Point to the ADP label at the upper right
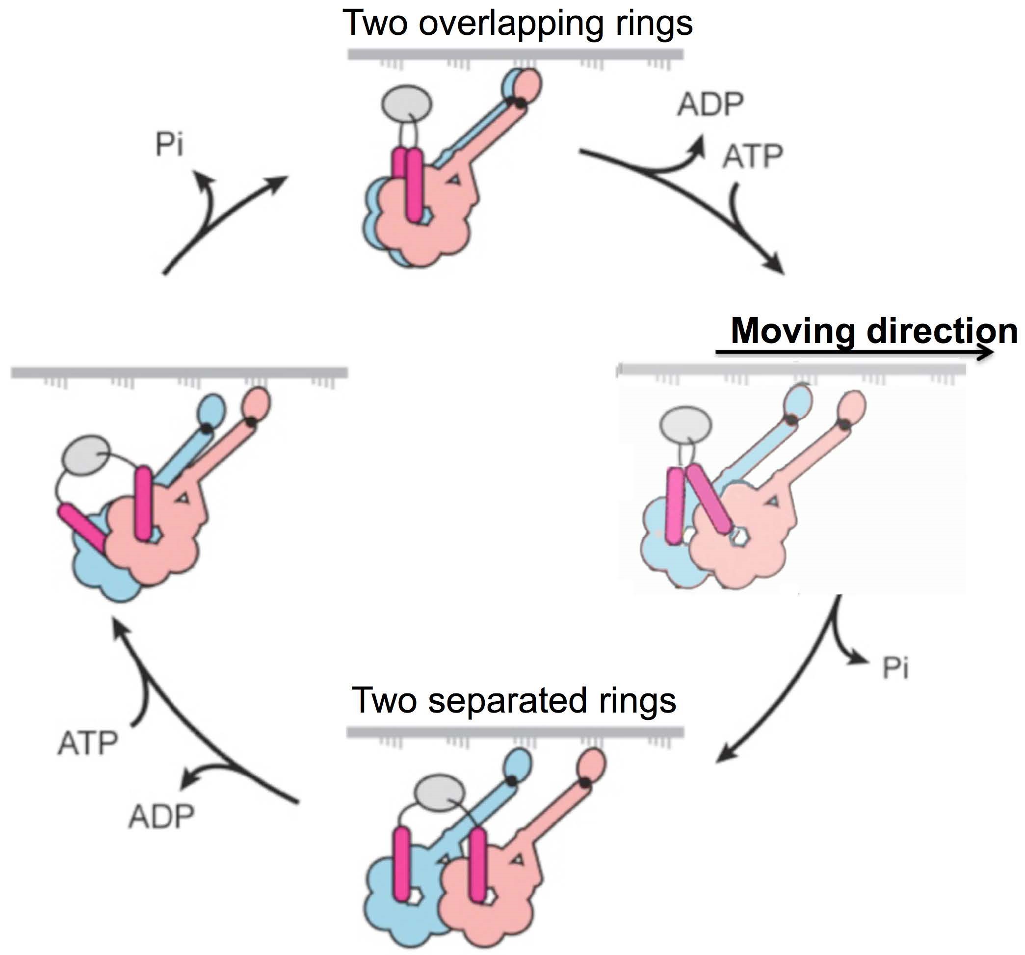tap(710, 105)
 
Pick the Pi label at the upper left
tap(170, 145)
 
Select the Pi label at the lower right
tap(895, 669)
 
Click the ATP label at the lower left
tap(88, 743)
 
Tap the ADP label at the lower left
tap(161, 817)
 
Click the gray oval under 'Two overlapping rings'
tap(407, 103)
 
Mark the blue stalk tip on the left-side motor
tap(211, 408)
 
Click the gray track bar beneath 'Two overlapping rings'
tap(516, 54)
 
